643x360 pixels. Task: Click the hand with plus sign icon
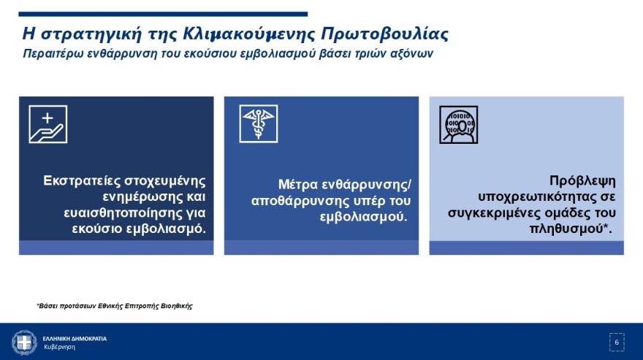tap(48, 124)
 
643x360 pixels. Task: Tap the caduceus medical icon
tap(259, 124)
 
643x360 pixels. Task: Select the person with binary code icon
tap(458, 125)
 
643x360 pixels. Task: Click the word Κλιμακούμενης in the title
tap(248, 34)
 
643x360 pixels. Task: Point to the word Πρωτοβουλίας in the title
tap(384, 34)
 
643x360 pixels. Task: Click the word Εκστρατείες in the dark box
tap(81, 181)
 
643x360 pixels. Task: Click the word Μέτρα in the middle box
tap(297, 185)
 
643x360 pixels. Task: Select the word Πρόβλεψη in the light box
tap(582, 181)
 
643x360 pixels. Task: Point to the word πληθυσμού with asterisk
tap(571, 229)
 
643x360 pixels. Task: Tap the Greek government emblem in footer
tap(24, 342)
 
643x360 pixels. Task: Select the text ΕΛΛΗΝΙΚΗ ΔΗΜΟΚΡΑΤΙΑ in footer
tap(75, 339)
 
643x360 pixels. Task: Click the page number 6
tap(617, 342)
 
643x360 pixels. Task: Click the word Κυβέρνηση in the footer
tap(59, 348)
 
